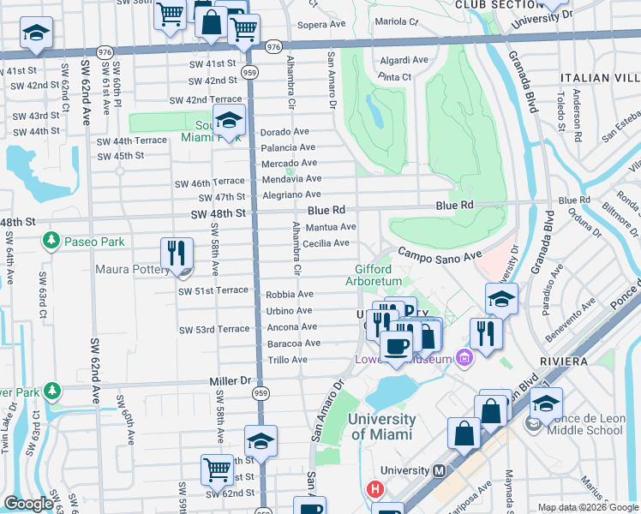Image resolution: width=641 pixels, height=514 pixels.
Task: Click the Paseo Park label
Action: (x=94, y=242)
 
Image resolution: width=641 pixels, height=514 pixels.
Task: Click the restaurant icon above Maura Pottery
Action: (x=176, y=253)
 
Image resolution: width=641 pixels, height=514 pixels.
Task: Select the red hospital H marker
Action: (x=374, y=490)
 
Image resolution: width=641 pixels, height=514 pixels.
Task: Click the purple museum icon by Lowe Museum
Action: (x=465, y=356)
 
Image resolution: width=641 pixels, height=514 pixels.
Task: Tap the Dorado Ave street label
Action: (x=285, y=132)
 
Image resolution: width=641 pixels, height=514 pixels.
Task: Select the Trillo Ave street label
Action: (x=287, y=360)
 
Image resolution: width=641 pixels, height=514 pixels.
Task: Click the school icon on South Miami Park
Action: (x=230, y=121)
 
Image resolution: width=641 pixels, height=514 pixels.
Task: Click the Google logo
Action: (x=28, y=504)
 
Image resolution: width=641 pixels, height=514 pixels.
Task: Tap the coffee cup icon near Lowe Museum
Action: (x=396, y=346)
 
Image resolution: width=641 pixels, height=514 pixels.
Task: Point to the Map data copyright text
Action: (x=587, y=507)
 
